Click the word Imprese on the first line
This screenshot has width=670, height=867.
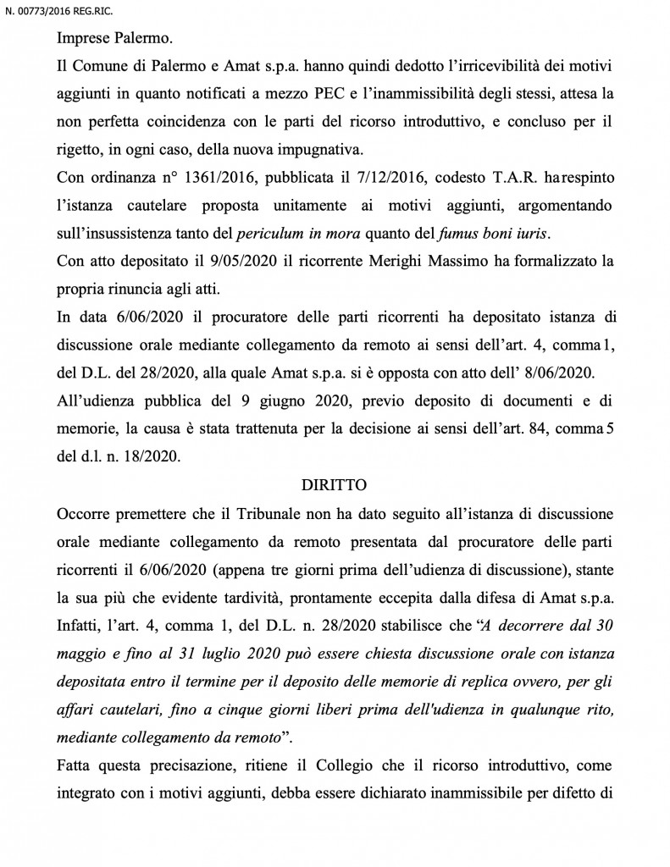[x=84, y=38]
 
